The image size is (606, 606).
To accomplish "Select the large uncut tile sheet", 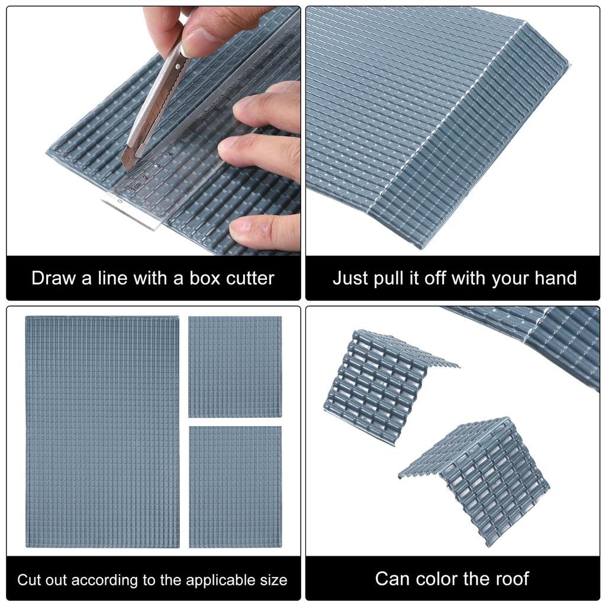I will pos(102,432).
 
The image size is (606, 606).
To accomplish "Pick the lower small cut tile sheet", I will pos(235,486).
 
